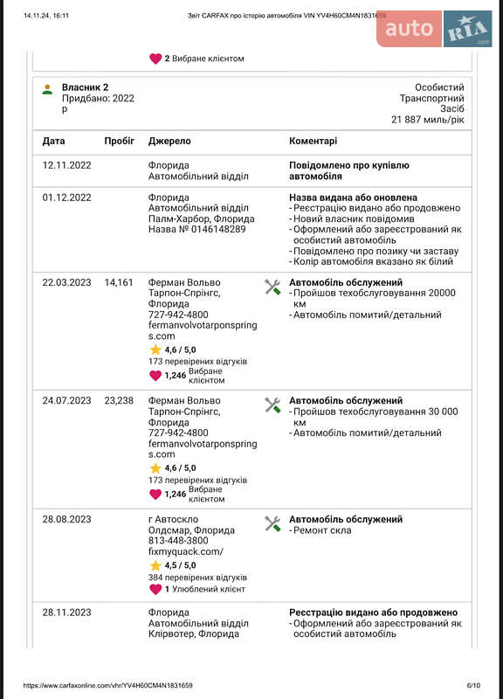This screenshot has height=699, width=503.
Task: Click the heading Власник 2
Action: click(x=85, y=87)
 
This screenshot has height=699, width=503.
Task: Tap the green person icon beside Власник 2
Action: click(x=47, y=88)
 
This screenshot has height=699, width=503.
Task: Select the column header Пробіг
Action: click(x=119, y=141)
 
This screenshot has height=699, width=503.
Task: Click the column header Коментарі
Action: click(x=313, y=141)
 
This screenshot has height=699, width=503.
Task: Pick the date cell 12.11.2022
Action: click(x=66, y=165)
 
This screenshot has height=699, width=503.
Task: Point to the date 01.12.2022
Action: click(x=66, y=197)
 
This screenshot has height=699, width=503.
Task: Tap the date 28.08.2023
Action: click(x=66, y=519)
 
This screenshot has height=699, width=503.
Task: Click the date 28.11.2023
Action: click(x=66, y=612)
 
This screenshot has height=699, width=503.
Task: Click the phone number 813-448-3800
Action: click(x=178, y=541)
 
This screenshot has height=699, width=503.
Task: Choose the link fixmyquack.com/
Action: click(x=186, y=551)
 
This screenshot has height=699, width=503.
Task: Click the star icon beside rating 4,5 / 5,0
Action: click(x=155, y=565)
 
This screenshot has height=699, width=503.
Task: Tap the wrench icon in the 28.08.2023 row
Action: click(x=272, y=523)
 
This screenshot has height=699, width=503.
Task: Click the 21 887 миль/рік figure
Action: click(x=427, y=119)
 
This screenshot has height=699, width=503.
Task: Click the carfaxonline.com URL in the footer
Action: click(x=107, y=686)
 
